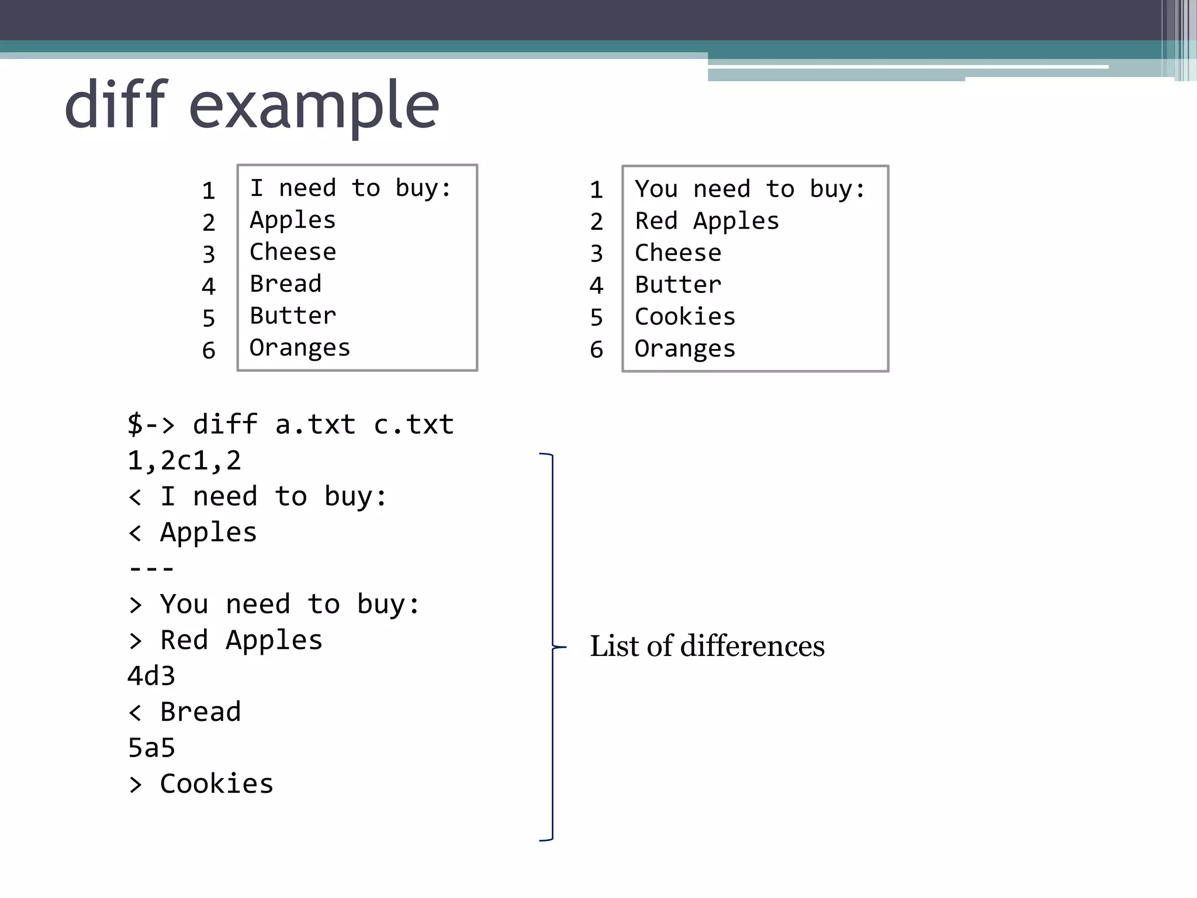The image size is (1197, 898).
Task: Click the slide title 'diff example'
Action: pos(251,105)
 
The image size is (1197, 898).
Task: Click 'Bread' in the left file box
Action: pos(285,284)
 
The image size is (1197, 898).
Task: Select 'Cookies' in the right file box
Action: pos(684,316)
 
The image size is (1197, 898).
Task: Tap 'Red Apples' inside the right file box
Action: pos(707,221)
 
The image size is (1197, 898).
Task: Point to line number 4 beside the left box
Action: pos(209,286)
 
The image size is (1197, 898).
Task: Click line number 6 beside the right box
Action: pos(596,350)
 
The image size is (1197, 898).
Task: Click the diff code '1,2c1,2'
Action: pos(184,461)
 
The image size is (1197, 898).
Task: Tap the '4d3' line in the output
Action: pos(151,676)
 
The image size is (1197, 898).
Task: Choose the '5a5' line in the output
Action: pos(151,748)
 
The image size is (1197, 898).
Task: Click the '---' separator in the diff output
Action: pos(151,568)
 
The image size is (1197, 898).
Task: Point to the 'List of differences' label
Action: pos(707,646)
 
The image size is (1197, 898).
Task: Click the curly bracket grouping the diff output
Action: pos(552,647)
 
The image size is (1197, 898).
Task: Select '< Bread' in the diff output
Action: pos(184,712)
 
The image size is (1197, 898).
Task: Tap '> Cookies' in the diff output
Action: pos(200,784)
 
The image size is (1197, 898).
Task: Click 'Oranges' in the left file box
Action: pos(299,348)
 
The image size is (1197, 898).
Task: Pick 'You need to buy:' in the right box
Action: pos(750,189)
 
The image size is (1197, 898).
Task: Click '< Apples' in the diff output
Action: pos(192,533)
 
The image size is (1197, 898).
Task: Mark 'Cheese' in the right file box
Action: pos(678,253)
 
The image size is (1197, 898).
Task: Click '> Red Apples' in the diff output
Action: pos(225,640)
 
